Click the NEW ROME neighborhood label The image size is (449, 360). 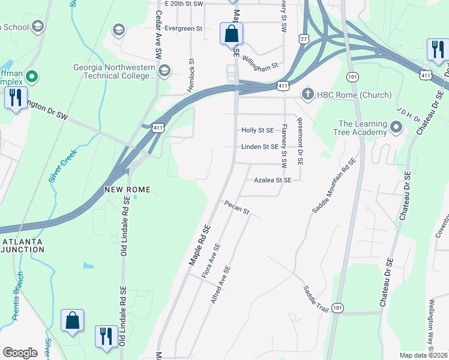click(x=127, y=190)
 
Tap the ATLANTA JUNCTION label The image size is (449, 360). click(x=22, y=246)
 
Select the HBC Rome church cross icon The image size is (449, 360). click(x=307, y=95)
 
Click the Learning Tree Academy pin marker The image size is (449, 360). click(x=396, y=127)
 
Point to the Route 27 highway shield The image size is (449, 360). click(x=304, y=39)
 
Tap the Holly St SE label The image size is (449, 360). click(x=257, y=130)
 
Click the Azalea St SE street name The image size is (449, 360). click(x=273, y=180)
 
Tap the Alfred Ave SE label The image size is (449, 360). click(x=220, y=284)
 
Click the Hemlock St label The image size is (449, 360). click(x=191, y=75)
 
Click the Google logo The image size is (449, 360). click(x=20, y=353)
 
